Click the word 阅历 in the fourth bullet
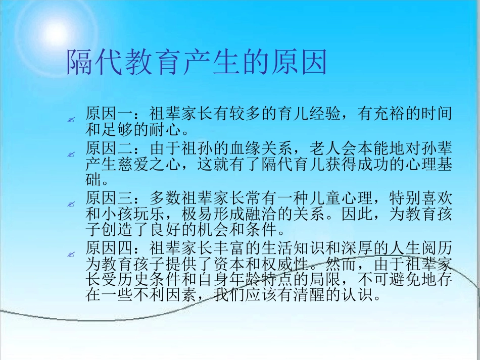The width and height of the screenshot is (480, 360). pos(438,248)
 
